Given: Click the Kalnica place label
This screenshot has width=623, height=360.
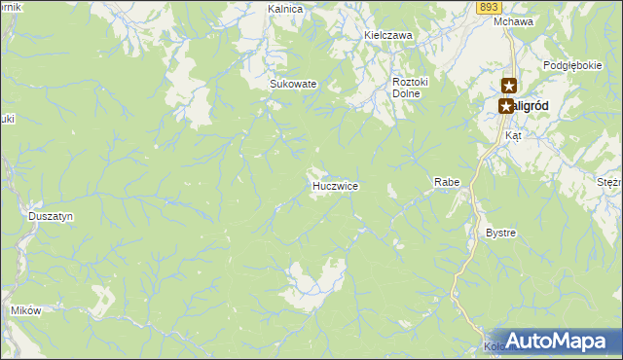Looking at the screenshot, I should tap(286, 9).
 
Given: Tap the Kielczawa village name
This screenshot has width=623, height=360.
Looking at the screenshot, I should tap(388, 35).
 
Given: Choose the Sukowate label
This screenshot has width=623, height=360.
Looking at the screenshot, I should tap(293, 84).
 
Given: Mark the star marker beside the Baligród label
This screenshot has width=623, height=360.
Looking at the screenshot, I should tap(505, 106).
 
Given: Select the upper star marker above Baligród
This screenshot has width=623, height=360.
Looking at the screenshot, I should tap(509, 87).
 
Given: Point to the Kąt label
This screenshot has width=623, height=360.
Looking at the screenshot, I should tap(513, 135).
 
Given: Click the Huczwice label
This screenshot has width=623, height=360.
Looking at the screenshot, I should tap(335, 185).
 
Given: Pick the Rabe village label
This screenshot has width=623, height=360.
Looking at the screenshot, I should tap(446, 182).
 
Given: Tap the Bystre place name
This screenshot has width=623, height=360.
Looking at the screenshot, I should tap(500, 234).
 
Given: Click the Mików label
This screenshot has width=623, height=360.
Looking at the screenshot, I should tap(25, 310).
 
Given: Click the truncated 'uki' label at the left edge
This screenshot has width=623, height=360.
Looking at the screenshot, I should tap(8, 119).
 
